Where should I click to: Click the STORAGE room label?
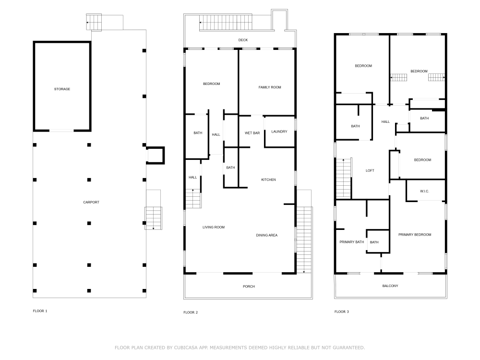click(61, 89)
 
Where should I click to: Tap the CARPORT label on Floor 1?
click(91, 202)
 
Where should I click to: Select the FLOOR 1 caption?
click(40, 311)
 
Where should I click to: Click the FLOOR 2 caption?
click(191, 312)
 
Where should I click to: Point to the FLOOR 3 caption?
click(342, 312)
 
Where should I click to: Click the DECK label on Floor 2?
click(243, 40)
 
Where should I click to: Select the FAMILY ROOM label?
click(270, 87)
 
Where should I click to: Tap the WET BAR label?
click(252, 132)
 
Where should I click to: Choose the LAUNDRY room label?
click(279, 132)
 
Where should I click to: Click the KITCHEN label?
click(268, 180)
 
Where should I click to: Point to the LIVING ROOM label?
click(213, 227)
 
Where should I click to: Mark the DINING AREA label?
click(266, 235)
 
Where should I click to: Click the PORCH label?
click(249, 287)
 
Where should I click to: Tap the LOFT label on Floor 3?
click(370, 170)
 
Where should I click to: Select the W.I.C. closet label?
click(424, 191)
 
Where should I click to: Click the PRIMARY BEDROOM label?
click(415, 235)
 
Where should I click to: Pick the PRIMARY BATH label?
click(352, 242)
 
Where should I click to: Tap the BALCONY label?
click(390, 286)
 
